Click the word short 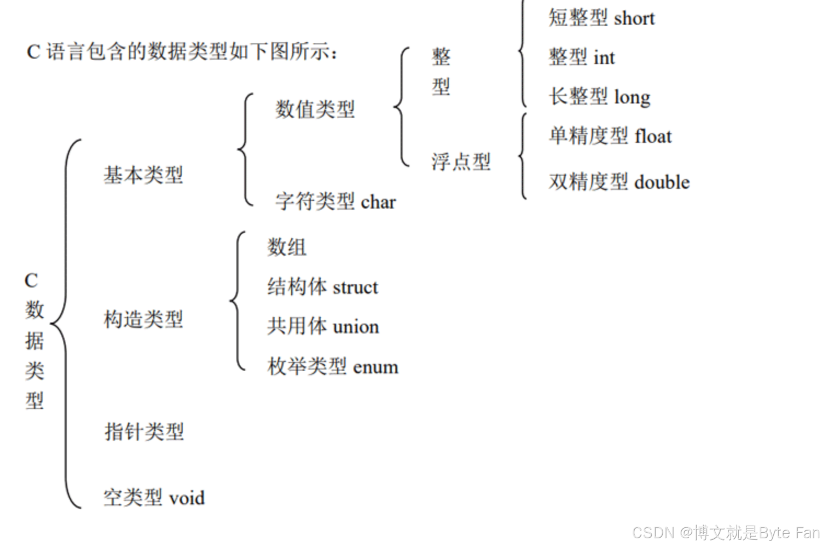(x=634, y=19)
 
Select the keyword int (x=604, y=57)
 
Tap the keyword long (x=632, y=97)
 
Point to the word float (x=653, y=136)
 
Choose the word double (x=662, y=182)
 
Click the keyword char (x=378, y=202)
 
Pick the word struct (x=356, y=287)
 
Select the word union (x=356, y=327)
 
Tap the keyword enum (x=375, y=367)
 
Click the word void (x=187, y=498)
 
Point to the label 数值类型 (x=315, y=109)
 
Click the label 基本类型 (x=143, y=175)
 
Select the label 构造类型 (x=143, y=319)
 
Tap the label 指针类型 (x=144, y=431)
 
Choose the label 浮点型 (x=461, y=162)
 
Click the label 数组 (x=287, y=247)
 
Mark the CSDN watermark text (x=726, y=532)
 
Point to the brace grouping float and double (x=523, y=156)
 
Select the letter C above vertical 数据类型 (x=31, y=281)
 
